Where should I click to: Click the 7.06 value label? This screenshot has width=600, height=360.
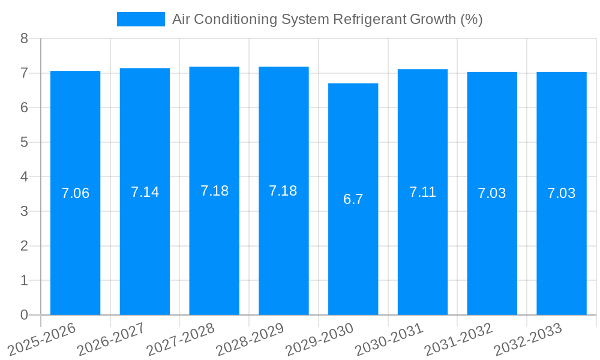[x=75, y=193]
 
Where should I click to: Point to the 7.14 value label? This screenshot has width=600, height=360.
[x=145, y=192]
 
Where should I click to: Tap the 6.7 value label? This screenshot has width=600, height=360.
[x=353, y=199]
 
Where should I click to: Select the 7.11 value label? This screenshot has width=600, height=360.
[x=422, y=192]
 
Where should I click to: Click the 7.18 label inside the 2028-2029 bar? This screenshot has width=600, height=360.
[x=283, y=191]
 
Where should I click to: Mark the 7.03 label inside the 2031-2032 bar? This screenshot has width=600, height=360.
[x=491, y=193]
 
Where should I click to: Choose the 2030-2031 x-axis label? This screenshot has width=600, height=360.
[x=388, y=338]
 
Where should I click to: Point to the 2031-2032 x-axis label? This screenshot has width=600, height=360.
[x=458, y=338]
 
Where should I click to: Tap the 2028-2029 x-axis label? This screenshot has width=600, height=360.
[x=249, y=338]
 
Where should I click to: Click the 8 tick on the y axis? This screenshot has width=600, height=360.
[x=24, y=38]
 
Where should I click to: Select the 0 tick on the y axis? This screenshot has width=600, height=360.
[x=24, y=315]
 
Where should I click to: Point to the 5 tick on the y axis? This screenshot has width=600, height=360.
[x=24, y=142]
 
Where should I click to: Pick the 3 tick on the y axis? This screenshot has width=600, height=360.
[x=24, y=211]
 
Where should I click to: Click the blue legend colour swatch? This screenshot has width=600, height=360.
[x=140, y=19]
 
